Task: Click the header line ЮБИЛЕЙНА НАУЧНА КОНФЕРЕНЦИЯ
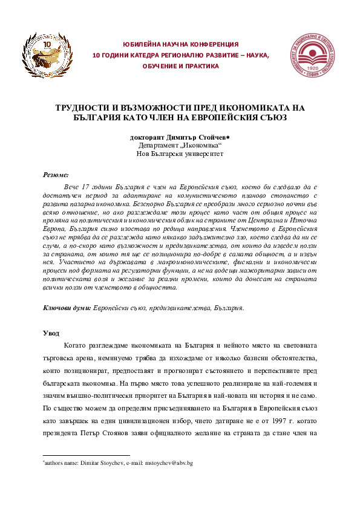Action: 180,45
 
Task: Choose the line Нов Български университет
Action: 180,155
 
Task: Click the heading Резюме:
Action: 56,174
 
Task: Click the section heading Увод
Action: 51,333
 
